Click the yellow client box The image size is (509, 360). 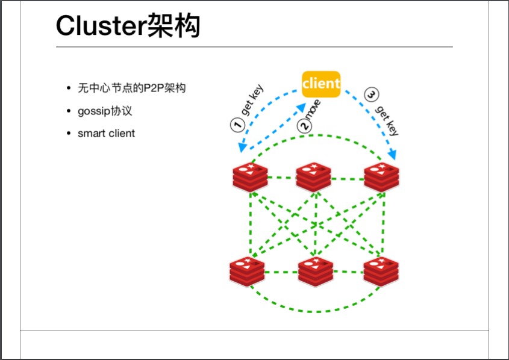(320, 84)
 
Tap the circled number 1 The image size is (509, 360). (237, 125)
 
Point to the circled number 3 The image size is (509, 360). (372, 95)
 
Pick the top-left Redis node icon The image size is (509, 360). (250, 176)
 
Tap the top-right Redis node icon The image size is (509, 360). (382, 176)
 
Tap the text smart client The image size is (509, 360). (106, 133)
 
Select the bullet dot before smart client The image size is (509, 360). (69, 133)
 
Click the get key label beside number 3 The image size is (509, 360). (387, 120)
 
